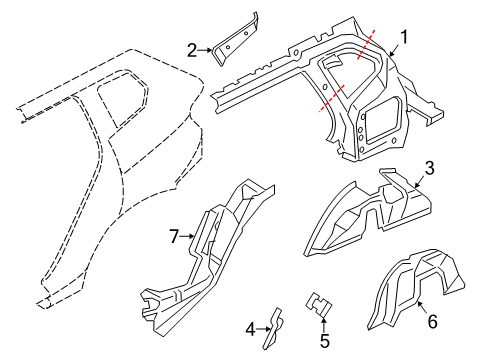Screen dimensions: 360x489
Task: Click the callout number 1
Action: point(404,39)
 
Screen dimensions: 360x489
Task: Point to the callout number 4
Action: point(251,327)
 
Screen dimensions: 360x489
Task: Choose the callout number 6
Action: point(432,321)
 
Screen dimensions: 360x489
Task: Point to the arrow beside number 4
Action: point(263,327)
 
